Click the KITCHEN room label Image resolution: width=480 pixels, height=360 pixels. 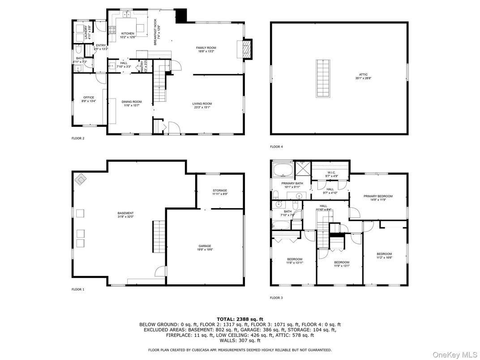[x=115, y=34]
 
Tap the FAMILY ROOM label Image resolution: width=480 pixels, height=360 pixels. [x=206, y=48]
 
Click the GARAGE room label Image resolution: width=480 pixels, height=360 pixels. [x=205, y=246]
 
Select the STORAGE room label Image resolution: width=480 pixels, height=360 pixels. [x=219, y=191]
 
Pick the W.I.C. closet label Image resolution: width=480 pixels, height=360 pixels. [x=331, y=172]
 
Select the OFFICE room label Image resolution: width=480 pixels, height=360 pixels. [x=89, y=97]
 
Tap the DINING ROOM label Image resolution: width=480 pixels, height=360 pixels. [x=132, y=102]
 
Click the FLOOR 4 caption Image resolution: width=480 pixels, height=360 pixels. [x=276, y=147]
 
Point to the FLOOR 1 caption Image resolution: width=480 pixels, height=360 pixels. [x=78, y=290]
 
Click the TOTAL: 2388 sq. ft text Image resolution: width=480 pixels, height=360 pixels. [x=240, y=319]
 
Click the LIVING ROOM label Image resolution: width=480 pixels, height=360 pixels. [x=203, y=104]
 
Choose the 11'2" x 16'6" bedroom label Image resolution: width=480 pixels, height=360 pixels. [x=384, y=254]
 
